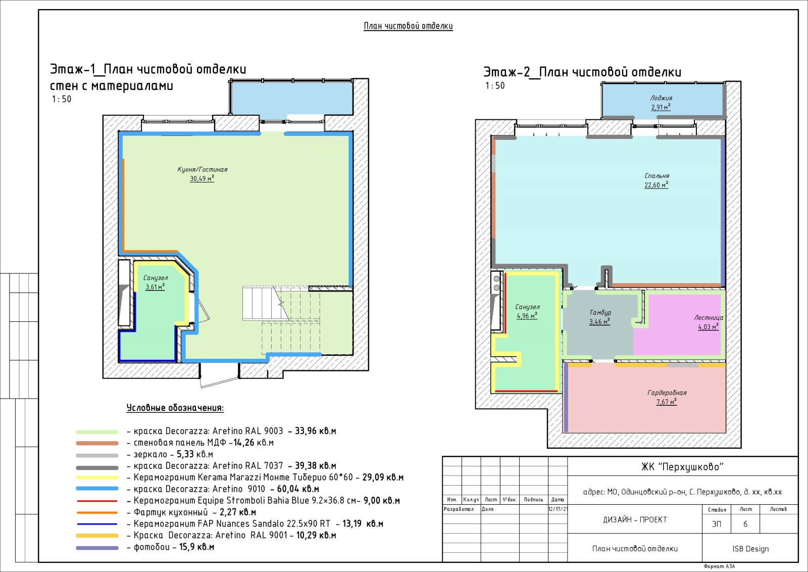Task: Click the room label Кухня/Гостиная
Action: point(203,169)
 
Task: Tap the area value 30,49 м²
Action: point(202,178)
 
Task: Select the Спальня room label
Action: point(657,176)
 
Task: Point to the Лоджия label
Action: point(661,98)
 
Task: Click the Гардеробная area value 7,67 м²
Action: point(667,402)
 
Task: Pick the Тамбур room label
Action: point(600,312)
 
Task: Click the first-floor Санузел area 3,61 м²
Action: point(155,287)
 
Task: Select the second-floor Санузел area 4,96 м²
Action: point(527,316)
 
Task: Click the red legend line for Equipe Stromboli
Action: point(97,501)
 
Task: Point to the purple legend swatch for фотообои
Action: point(97,548)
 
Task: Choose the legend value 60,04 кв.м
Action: point(298,489)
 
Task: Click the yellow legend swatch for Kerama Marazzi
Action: point(97,478)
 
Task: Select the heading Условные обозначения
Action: point(175,408)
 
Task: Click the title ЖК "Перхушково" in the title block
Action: point(682,466)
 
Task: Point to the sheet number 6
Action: point(745,524)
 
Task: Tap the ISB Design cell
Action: point(750,549)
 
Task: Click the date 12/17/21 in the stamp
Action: point(558,509)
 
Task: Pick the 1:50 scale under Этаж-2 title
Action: point(495,85)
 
